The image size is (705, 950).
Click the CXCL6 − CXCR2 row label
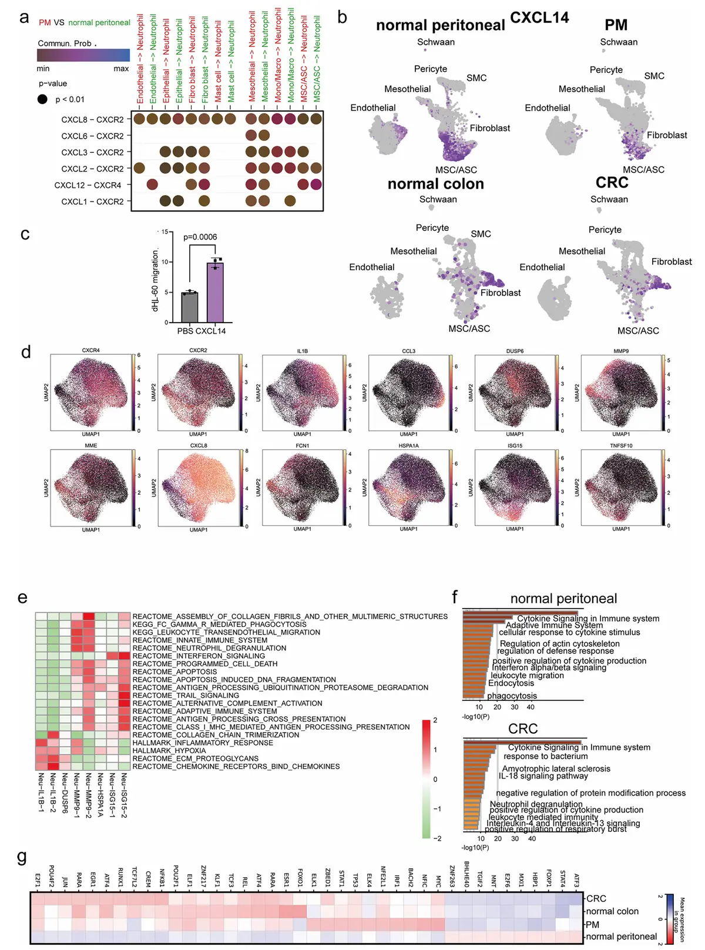92,136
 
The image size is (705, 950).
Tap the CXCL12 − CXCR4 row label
88,185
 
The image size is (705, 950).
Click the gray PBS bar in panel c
189,307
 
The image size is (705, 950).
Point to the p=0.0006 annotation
200,237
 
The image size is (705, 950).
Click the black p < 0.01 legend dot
42,99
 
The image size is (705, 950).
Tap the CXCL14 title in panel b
539,18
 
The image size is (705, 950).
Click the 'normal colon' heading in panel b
436,184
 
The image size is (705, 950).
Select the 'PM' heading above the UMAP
616,25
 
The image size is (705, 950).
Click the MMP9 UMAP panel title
621,351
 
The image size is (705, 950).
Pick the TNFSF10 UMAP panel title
621,445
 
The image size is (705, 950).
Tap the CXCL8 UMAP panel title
199,445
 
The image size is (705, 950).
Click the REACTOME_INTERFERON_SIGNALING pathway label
199,656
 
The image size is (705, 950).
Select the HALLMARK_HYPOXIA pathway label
169,750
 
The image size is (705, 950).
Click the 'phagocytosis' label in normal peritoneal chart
512,696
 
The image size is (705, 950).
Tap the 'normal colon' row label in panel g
612,911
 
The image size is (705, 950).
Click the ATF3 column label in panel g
577,880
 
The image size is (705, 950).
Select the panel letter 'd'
26,353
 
